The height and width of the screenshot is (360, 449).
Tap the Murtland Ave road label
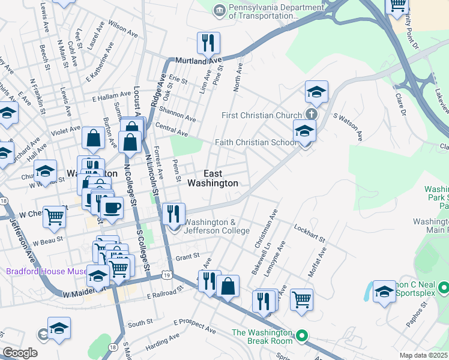pos(198,61)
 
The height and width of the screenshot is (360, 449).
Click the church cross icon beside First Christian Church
pos(311,114)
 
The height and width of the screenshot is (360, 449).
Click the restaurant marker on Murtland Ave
pos(208,43)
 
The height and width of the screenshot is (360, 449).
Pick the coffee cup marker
pos(111,208)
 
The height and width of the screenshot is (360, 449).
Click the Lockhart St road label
pos(309,233)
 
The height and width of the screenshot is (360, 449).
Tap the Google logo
pos(20,353)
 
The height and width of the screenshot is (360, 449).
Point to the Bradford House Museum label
pos(47,271)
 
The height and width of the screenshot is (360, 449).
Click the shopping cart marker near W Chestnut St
pos(55,217)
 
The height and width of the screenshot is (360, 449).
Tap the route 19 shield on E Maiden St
pos(166,276)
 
